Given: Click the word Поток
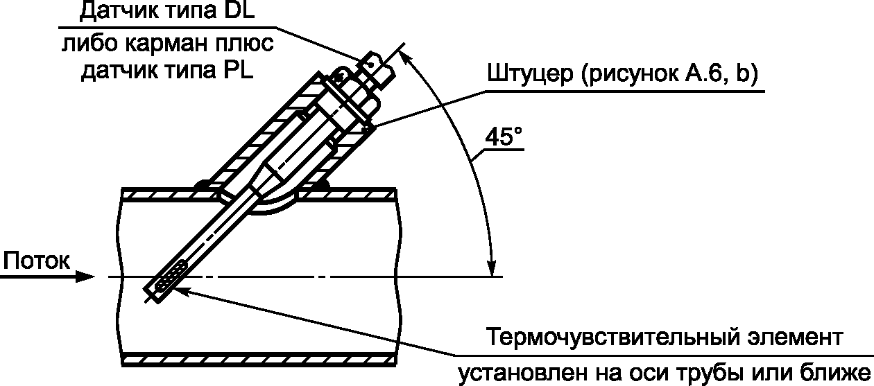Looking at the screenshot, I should (x=36, y=261).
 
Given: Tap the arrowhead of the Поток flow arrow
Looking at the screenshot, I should (x=85, y=277).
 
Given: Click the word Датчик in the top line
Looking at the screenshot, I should (x=110, y=10).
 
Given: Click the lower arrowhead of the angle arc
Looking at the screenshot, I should (x=492, y=267).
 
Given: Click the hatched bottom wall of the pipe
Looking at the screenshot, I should (x=260, y=358).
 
